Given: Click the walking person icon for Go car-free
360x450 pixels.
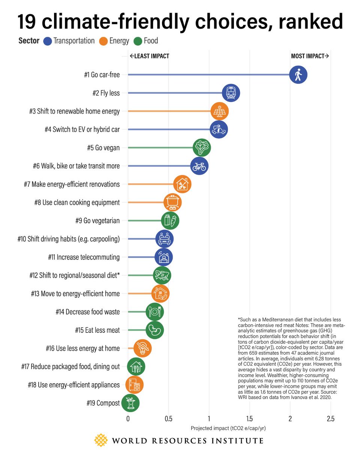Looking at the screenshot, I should (x=298, y=75).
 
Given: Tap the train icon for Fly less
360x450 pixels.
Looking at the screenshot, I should (x=231, y=93).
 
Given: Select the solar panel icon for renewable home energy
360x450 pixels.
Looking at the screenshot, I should (x=219, y=111).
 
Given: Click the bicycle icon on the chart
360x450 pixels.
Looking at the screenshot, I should (x=199, y=166).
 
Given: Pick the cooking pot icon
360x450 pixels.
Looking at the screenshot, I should (x=172, y=202).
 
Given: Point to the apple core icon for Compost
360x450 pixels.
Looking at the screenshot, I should (x=130, y=403).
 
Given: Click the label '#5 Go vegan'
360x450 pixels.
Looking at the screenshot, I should (x=103, y=148).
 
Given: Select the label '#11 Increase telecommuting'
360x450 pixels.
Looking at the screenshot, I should (x=84, y=257).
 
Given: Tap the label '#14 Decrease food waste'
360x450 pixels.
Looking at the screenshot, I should (x=87, y=312).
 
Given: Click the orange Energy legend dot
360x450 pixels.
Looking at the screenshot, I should (x=104, y=40).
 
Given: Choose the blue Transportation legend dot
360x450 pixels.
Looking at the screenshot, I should (x=48, y=40).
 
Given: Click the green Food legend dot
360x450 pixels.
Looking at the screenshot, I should (x=137, y=40).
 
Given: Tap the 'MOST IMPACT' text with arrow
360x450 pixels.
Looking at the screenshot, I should (x=310, y=56).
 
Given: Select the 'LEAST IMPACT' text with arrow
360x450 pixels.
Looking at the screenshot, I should (x=149, y=56).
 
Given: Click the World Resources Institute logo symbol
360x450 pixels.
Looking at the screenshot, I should (x=100, y=441).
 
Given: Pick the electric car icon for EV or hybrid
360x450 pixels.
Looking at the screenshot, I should (x=219, y=130).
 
